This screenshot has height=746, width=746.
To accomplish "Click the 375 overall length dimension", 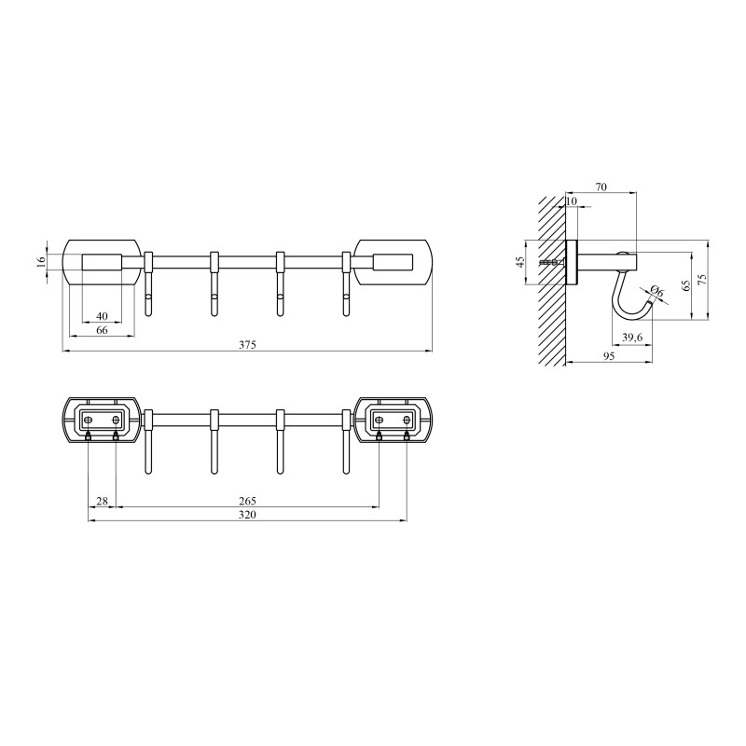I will point(247,344).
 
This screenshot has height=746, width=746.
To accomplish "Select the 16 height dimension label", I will point(41,262).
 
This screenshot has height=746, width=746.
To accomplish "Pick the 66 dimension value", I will point(102,331).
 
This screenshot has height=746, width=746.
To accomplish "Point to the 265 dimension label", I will point(247,502).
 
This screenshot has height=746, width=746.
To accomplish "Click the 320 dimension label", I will point(247,515).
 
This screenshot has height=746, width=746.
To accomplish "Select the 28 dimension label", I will point(102,502).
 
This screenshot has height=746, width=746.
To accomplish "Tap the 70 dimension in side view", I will point(601,187).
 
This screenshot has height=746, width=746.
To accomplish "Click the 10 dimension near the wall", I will point(572,201).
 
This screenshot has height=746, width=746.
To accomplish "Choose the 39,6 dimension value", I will point(632,337).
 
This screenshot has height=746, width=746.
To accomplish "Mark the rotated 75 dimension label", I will point(702,278).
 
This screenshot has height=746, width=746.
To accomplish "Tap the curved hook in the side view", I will point(620,298).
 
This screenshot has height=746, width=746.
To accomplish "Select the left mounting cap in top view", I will point(103,262).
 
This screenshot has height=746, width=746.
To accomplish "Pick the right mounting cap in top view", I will point(394,262).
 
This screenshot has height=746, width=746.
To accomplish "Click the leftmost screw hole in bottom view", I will point(89,419).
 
